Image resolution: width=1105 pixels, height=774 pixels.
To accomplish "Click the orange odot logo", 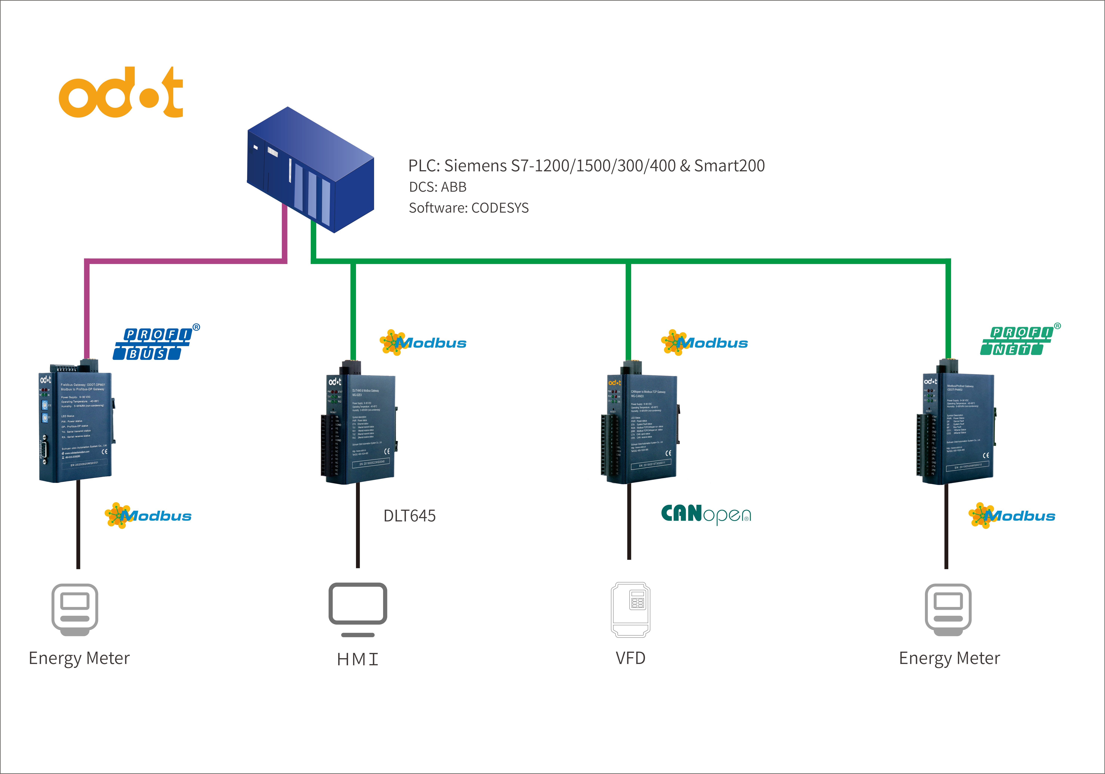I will click(120, 92).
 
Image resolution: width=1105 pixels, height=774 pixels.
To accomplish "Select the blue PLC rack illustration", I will click(310, 169).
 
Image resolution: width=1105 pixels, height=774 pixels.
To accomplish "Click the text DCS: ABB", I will click(437, 187).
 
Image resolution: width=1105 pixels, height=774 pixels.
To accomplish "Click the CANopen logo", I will click(705, 514).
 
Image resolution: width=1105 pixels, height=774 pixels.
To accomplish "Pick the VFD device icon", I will click(630, 610).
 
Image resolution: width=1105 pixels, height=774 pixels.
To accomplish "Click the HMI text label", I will click(357, 659).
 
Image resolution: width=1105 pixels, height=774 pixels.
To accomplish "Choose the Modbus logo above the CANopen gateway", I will click(705, 343).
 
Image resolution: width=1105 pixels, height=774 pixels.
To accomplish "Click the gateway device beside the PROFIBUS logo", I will click(76, 424).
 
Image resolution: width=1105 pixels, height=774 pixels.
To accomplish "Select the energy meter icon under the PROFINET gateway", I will click(948, 609).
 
